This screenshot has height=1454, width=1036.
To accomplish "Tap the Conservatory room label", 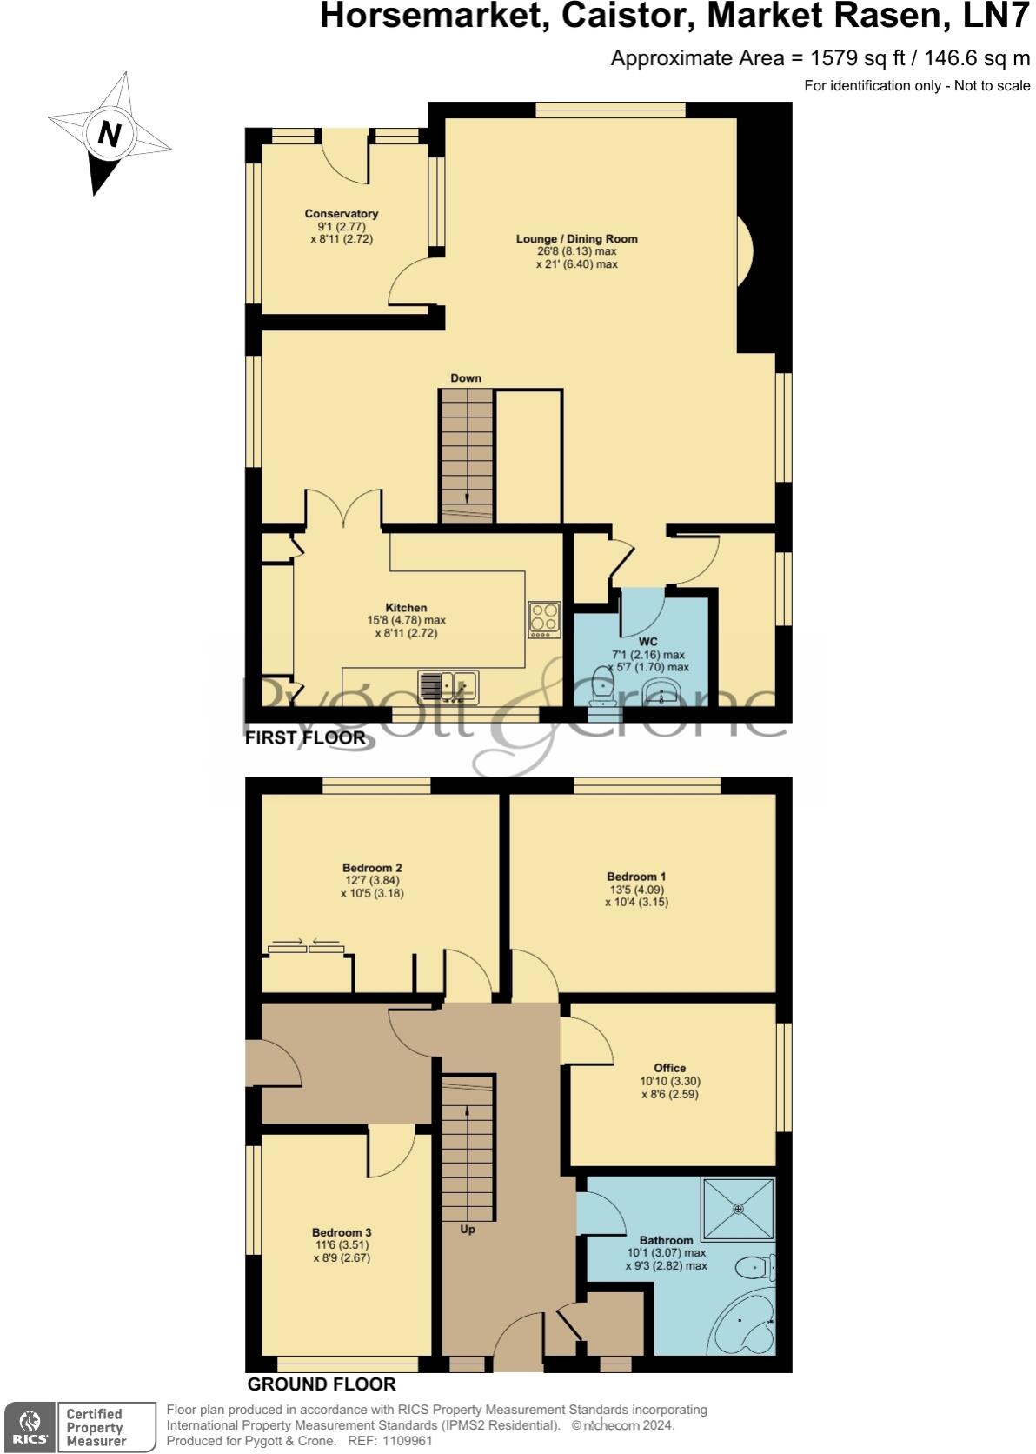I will tap(341, 214).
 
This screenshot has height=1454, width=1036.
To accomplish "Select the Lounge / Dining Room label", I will tap(576, 239).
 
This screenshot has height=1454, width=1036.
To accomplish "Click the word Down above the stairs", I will tap(466, 378).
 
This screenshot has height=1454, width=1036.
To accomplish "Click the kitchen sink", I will tap(448, 686).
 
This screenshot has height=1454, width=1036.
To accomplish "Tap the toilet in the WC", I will tap(601, 687).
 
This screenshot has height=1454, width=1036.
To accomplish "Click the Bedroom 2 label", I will tap(372, 868).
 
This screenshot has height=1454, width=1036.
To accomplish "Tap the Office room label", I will tap(669, 1068).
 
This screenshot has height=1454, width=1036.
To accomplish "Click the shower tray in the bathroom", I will tap(738, 1208).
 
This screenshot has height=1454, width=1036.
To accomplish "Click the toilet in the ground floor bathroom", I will tap(753, 1268).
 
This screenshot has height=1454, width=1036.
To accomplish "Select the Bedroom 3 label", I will tap(342, 1232).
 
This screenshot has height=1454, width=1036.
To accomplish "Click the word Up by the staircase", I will tap(468, 1230).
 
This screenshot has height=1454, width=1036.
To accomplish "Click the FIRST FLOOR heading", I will tap(305, 738).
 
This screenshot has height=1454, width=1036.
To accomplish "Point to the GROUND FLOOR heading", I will tap(322, 1384).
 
